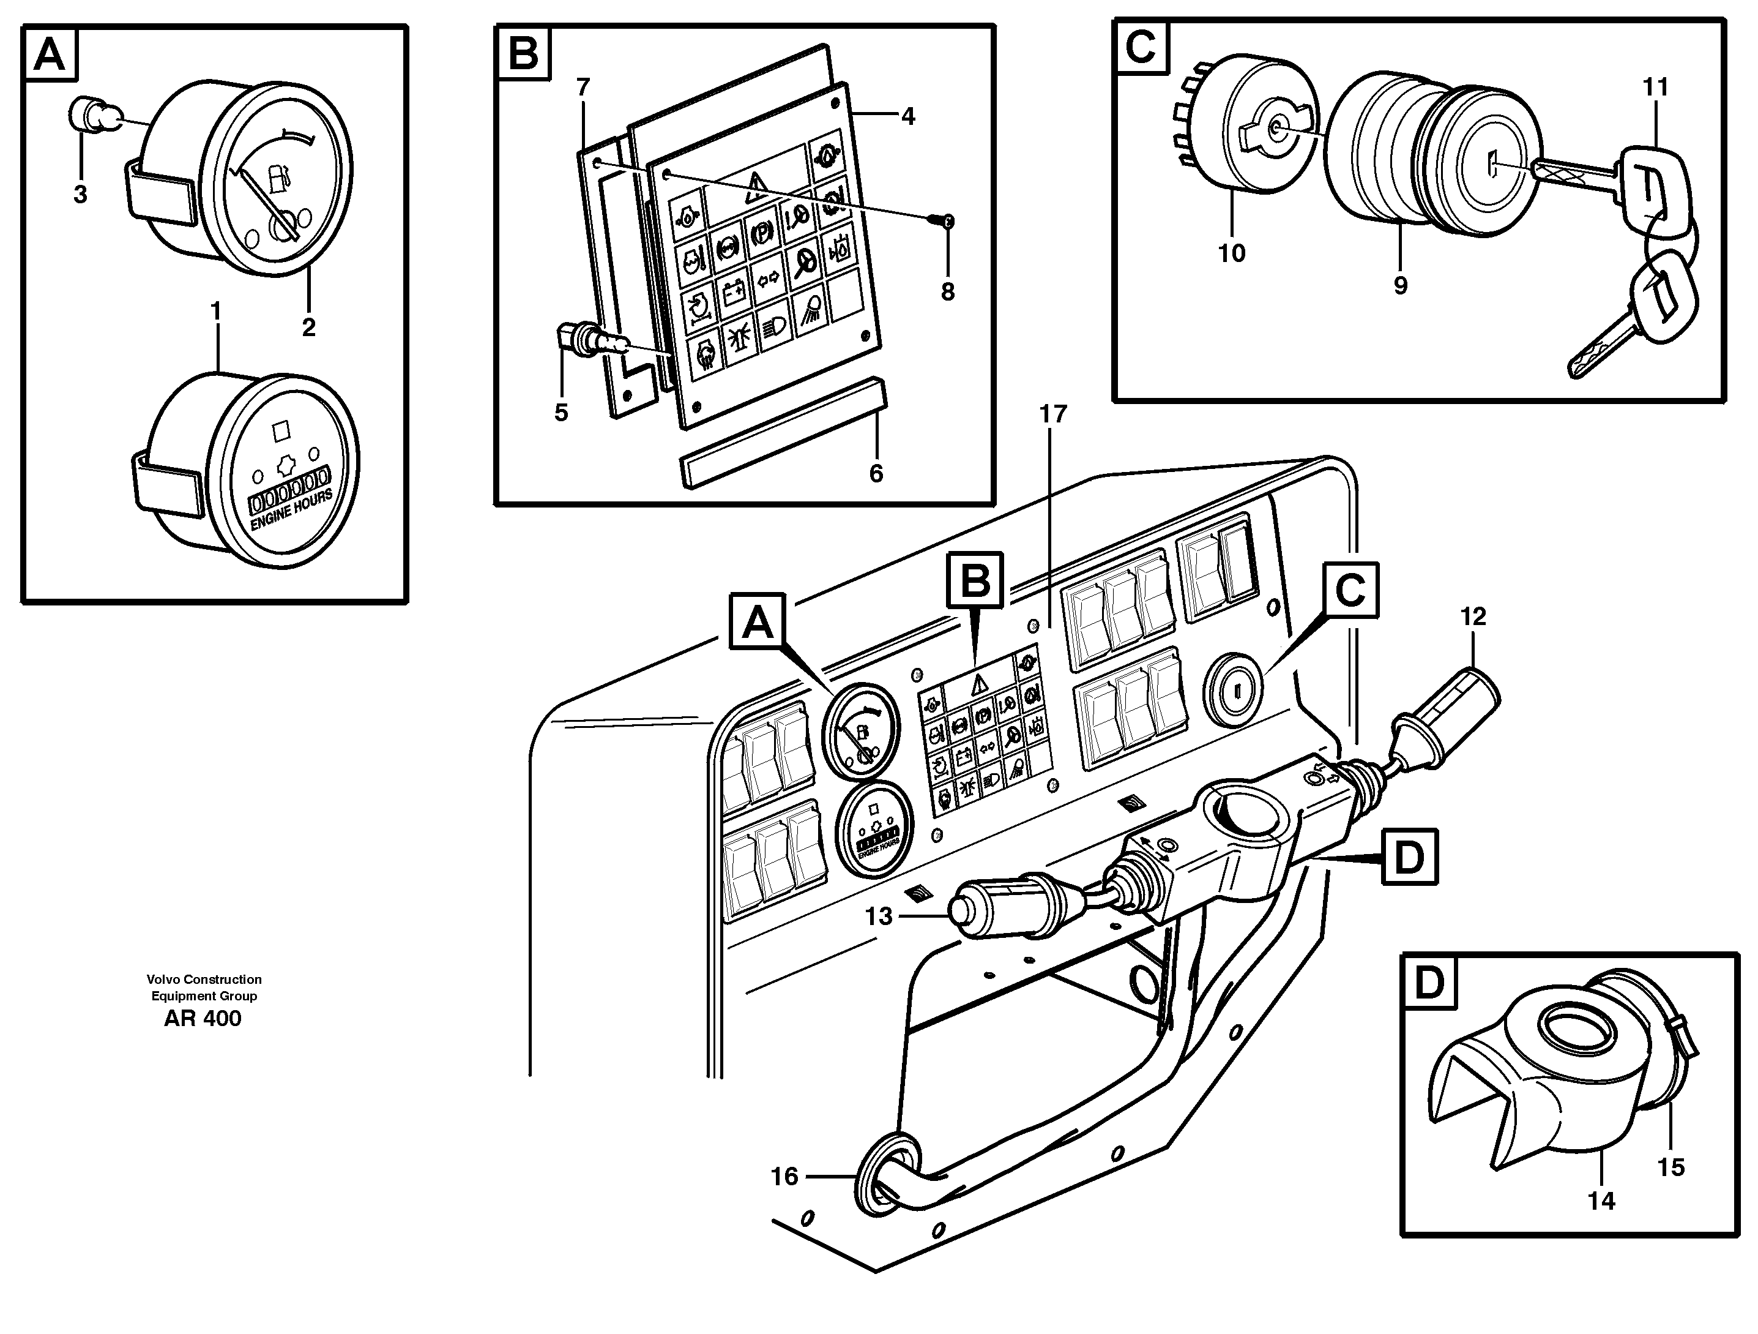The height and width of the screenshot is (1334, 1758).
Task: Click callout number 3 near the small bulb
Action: (x=80, y=194)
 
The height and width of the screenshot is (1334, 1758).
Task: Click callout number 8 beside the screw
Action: (x=947, y=292)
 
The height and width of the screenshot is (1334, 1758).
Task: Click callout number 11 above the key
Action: (x=1655, y=87)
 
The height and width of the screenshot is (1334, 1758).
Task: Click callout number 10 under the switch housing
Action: (x=1232, y=253)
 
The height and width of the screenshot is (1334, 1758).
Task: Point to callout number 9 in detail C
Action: (x=1401, y=285)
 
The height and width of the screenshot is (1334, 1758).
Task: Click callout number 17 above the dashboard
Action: (x=1053, y=414)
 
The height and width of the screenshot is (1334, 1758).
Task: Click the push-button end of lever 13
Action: (x=964, y=916)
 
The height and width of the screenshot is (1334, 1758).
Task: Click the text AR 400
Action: (x=203, y=1018)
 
